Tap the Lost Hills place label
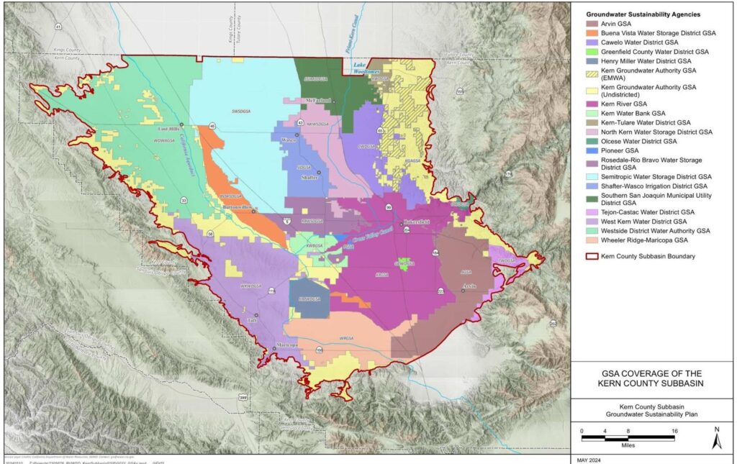pos(168,129)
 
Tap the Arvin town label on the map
pos(470,286)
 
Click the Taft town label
pos(251,320)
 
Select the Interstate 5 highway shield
pos(287,222)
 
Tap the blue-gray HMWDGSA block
pos(309,298)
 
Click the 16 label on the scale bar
pos(674,431)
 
